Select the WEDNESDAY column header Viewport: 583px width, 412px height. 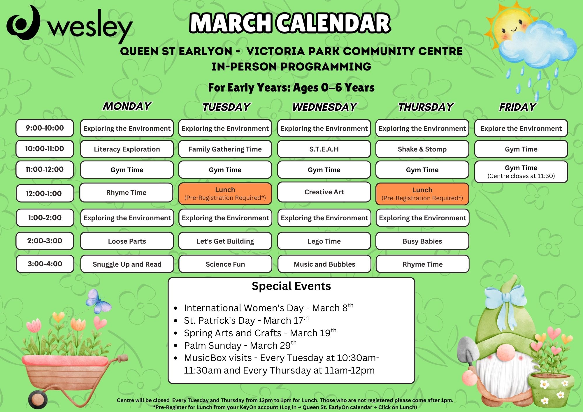324,107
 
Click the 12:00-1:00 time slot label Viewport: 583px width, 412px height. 45,193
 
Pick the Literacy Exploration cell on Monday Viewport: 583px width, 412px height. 127,149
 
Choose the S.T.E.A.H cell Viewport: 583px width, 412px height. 324,149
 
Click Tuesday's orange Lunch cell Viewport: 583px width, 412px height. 225,194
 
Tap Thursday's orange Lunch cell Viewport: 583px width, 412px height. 422,194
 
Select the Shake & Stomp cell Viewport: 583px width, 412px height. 422,149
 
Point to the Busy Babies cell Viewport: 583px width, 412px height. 422,241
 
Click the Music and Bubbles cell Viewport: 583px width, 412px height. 324,264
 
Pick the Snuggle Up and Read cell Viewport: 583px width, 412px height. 127,264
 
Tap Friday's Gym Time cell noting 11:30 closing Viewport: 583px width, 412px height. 521,172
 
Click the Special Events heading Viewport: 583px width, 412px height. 291,286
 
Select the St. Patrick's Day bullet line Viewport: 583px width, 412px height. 246,320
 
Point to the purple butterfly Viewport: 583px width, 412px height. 98,301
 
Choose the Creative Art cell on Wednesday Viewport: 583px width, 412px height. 324,192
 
